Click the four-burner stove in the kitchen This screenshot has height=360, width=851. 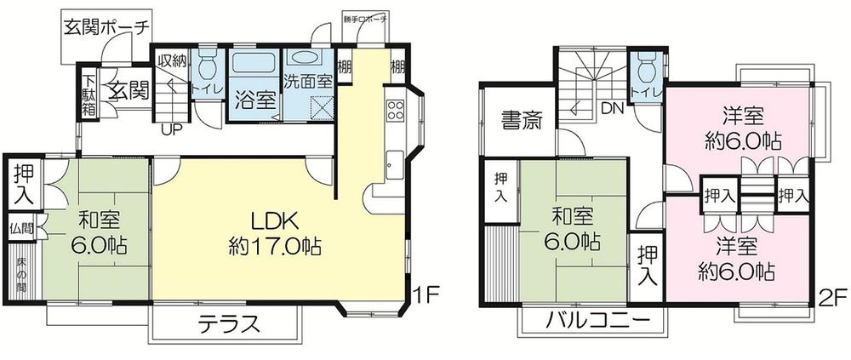pyautogui.click(x=396, y=109)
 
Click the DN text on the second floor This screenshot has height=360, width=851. pyautogui.click(x=612, y=108)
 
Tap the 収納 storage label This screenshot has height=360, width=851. pyautogui.click(x=172, y=60)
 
